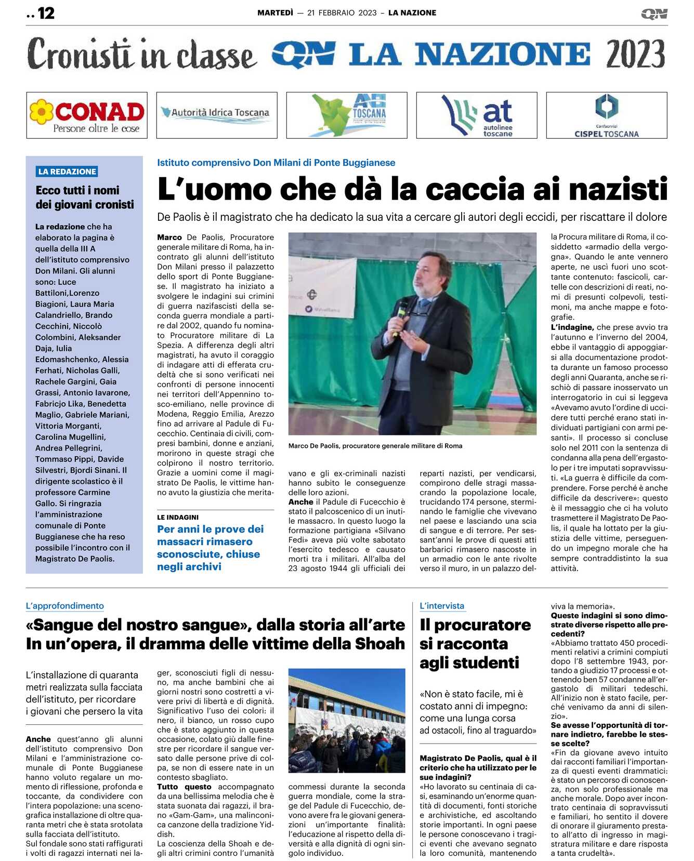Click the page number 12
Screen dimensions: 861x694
[x=46, y=13]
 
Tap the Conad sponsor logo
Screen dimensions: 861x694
[x=87, y=115]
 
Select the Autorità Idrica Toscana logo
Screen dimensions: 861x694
[x=217, y=115]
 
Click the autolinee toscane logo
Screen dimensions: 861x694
[x=477, y=115]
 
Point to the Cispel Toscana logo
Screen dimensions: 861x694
[x=607, y=115]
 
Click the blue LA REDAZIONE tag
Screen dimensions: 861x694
[x=67, y=171]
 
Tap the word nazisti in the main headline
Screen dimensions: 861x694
[x=618, y=189]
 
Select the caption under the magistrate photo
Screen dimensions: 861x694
[x=375, y=446]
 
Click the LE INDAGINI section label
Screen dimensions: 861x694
[x=178, y=518]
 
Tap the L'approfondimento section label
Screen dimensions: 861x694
[x=65, y=606]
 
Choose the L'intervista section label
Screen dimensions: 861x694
[x=442, y=606]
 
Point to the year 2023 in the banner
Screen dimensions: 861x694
[x=635, y=54]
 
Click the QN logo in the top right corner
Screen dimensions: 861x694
[x=654, y=14]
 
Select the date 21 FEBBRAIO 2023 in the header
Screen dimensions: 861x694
[x=342, y=13]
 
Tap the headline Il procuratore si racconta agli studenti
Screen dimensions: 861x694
[x=475, y=644]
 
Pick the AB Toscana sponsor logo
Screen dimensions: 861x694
[x=347, y=115]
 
